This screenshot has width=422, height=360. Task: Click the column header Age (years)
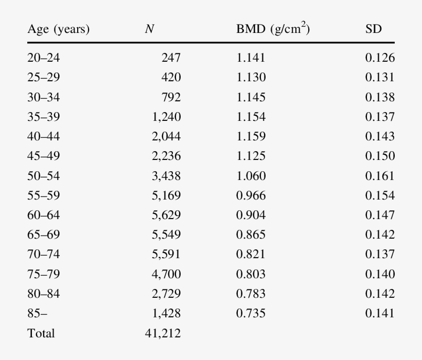tap(58, 29)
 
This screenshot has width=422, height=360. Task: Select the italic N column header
tap(149, 29)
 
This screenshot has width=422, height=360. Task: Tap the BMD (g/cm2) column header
tap(273, 29)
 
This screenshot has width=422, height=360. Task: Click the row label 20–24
tap(43, 58)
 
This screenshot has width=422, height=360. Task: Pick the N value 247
tap(171, 58)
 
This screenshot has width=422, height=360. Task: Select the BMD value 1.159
tap(251, 137)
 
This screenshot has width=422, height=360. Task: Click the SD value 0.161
tap(380, 176)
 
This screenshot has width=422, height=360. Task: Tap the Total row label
tap(41, 333)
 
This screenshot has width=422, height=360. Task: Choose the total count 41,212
tap(163, 333)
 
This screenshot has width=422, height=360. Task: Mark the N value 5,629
tap(166, 215)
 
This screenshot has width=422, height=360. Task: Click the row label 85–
tap(37, 313)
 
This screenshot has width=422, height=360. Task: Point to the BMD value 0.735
tap(251, 313)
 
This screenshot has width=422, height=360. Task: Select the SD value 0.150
tap(380, 156)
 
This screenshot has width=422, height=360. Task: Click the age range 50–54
tap(43, 176)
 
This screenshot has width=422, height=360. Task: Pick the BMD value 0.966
tap(251, 195)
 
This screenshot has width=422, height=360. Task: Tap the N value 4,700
tap(166, 274)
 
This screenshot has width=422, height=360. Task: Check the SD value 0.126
tap(380, 58)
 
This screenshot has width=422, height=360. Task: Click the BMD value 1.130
tap(251, 78)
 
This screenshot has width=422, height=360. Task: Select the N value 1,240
tap(166, 117)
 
